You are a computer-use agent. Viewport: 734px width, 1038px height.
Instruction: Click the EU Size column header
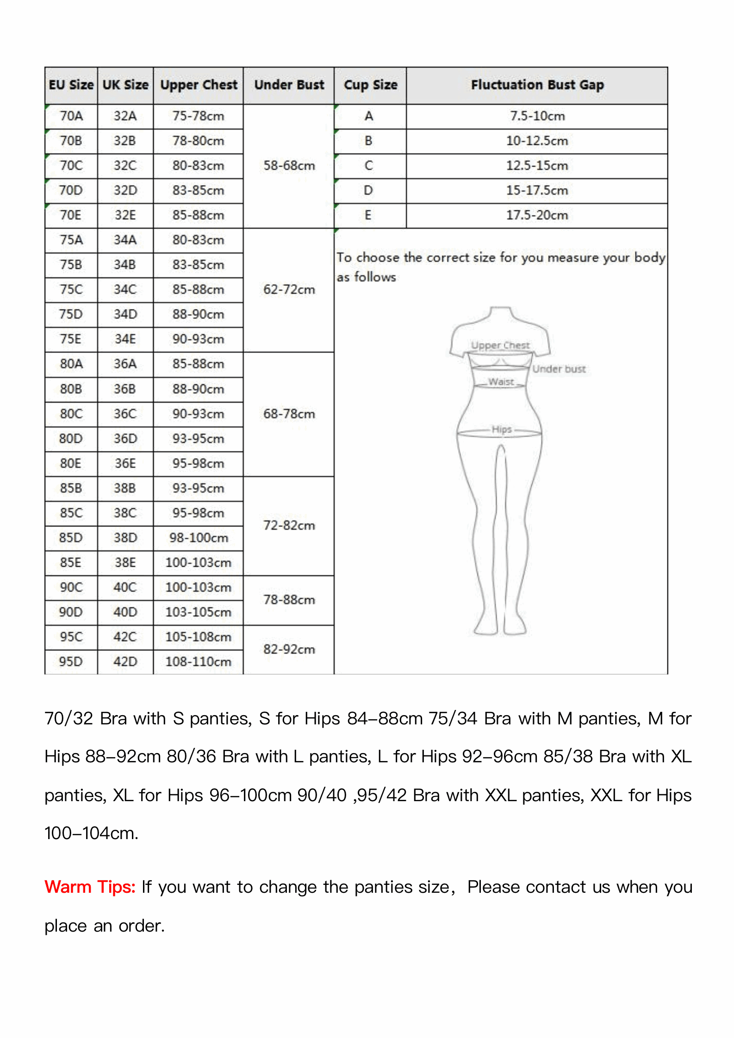71,85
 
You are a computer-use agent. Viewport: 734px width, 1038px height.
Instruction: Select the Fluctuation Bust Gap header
537,85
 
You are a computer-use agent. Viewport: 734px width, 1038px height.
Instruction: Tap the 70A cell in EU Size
71,116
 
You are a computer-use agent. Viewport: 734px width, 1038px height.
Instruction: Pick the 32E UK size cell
125,216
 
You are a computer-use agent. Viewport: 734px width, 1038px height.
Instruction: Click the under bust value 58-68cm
289,166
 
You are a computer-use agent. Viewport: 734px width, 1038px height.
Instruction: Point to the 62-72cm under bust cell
289,290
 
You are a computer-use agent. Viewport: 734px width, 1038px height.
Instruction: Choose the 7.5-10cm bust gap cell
537,116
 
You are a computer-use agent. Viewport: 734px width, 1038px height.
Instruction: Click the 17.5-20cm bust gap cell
537,216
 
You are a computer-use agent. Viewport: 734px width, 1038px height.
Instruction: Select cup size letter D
368,191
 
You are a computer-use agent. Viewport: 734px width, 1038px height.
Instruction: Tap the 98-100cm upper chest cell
199,538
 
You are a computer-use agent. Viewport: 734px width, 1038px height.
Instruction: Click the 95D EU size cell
71,662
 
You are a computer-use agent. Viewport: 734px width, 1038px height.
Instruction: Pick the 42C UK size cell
125,637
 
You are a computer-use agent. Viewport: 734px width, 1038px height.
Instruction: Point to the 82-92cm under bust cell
289,649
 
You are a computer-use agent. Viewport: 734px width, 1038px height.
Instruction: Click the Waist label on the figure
501,382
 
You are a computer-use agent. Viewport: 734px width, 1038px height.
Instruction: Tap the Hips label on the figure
502,429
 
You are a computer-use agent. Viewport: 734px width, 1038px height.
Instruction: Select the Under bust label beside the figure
559,369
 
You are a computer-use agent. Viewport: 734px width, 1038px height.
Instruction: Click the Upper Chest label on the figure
500,346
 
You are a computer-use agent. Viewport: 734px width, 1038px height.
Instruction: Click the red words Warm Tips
90,887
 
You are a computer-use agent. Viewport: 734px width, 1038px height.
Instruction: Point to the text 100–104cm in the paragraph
91,834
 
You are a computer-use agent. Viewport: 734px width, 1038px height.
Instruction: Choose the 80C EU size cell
71,414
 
